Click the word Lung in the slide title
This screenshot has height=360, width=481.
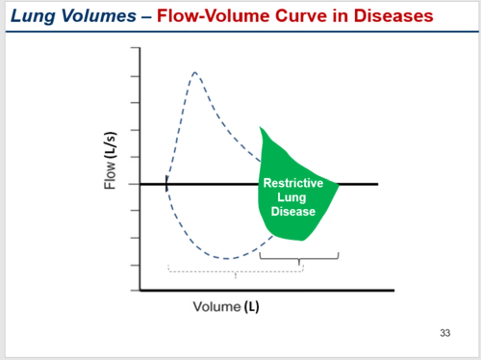[x=33, y=16]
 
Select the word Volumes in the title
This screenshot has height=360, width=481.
[x=99, y=16]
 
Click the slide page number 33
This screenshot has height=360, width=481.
[x=445, y=333]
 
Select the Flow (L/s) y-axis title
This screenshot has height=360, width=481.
[x=110, y=161]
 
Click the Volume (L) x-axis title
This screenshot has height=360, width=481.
[x=226, y=307]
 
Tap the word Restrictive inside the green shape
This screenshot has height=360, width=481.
[x=293, y=183]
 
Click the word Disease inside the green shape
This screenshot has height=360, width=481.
[x=293, y=211]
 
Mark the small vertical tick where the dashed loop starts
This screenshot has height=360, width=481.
[x=166, y=184]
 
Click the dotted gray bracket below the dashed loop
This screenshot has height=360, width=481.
[x=235, y=271]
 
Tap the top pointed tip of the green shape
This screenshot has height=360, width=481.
[x=260, y=128]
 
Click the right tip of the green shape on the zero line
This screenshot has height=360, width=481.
[x=338, y=184]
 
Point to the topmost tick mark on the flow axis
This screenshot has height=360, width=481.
[x=135, y=48]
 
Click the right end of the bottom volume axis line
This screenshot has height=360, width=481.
[x=393, y=290]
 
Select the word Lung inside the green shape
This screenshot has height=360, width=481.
[x=291, y=197]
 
